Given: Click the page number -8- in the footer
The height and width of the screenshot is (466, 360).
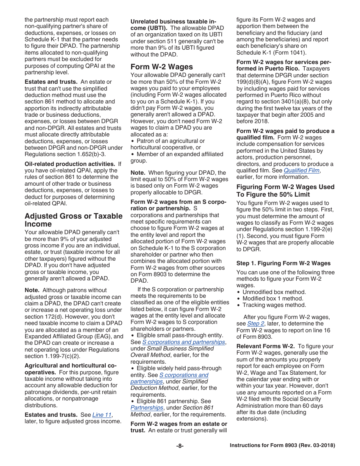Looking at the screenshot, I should pyautogui.click(x=180, y=446).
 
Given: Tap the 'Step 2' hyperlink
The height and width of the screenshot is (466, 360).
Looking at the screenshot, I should pyautogui.click(x=255, y=324).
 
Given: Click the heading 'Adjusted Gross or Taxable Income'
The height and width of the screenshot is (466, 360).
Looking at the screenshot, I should pyautogui.click(x=73, y=220).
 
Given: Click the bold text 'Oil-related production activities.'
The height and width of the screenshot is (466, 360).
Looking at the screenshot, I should pyautogui.click(x=70, y=164).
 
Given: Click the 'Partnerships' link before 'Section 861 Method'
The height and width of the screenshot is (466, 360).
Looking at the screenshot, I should pyautogui.click(x=147, y=408).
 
